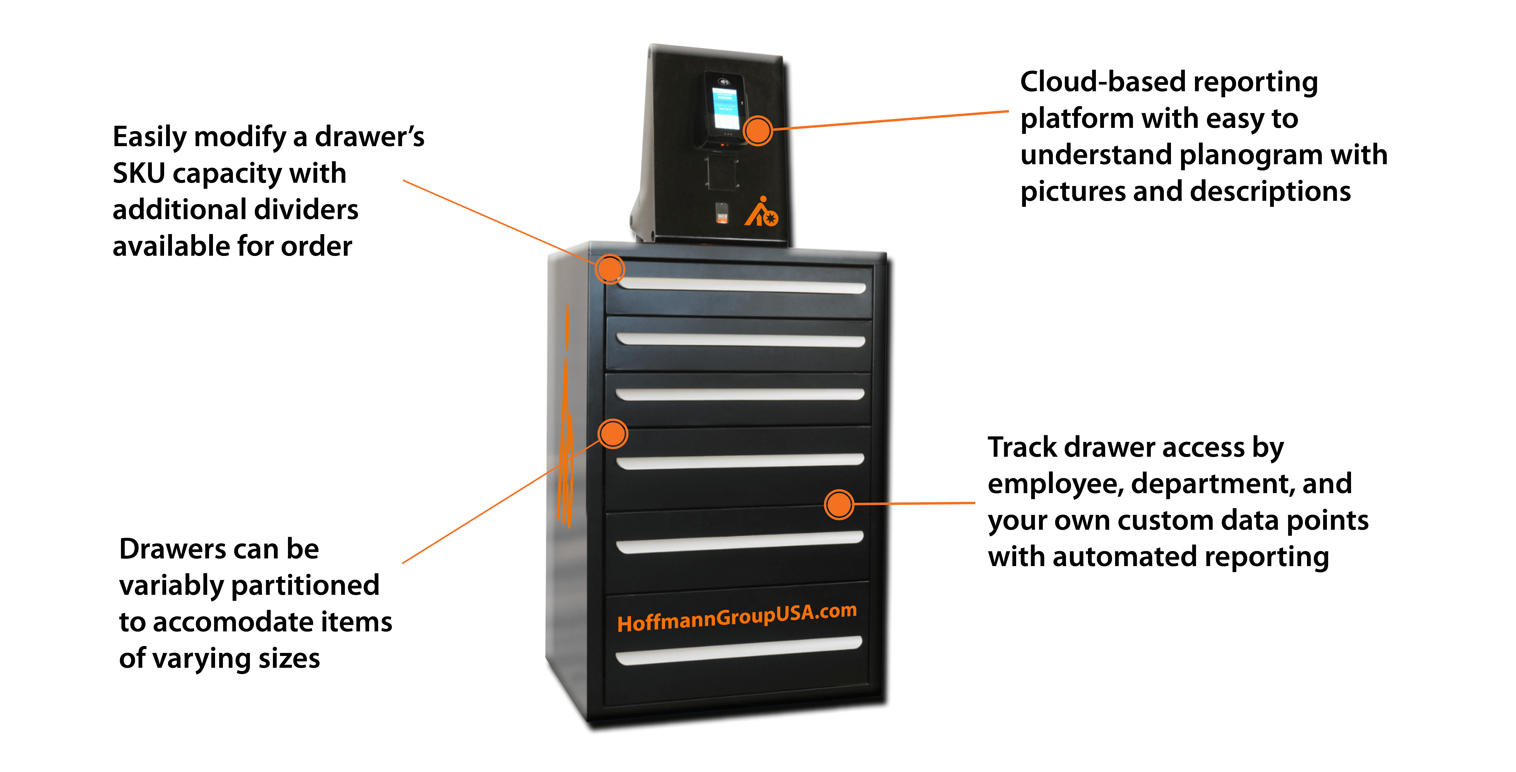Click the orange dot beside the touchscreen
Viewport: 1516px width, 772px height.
pos(757,130)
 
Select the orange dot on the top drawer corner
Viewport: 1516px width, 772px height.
pos(610,269)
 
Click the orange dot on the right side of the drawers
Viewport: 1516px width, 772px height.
pos(839,504)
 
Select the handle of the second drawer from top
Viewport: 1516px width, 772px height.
pos(740,340)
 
